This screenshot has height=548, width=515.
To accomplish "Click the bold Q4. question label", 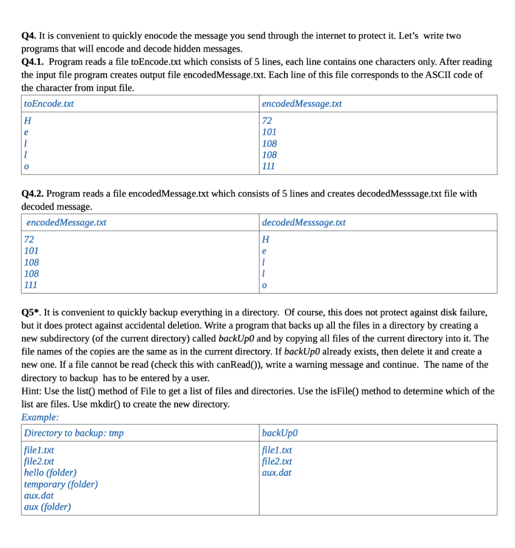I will click(x=29, y=36).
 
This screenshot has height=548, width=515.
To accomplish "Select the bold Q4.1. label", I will click(x=33, y=62).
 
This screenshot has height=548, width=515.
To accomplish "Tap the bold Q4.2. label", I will click(x=33, y=193).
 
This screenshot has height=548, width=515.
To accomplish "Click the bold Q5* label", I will click(x=31, y=312).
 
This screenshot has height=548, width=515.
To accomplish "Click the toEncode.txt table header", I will click(x=49, y=104).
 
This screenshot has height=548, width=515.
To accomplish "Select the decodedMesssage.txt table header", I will click(x=304, y=222).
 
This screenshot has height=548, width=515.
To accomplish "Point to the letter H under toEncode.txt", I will click(x=27, y=120).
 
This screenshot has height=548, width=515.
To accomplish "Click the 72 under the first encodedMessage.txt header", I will click(x=267, y=120).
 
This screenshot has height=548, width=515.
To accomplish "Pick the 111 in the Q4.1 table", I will click(x=268, y=166).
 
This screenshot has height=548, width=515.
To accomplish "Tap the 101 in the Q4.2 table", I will click(x=32, y=250).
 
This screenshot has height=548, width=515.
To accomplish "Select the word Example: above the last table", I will click(x=40, y=417).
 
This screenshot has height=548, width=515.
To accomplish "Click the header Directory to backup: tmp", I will click(x=74, y=433).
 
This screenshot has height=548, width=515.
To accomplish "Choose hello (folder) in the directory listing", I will click(x=50, y=473).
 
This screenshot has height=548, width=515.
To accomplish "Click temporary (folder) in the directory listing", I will click(x=61, y=484).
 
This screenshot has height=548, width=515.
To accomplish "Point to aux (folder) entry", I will click(x=48, y=507).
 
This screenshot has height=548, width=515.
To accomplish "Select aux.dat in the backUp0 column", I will click(x=277, y=473).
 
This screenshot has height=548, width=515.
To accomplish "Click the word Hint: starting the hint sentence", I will click(x=32, y=391).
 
